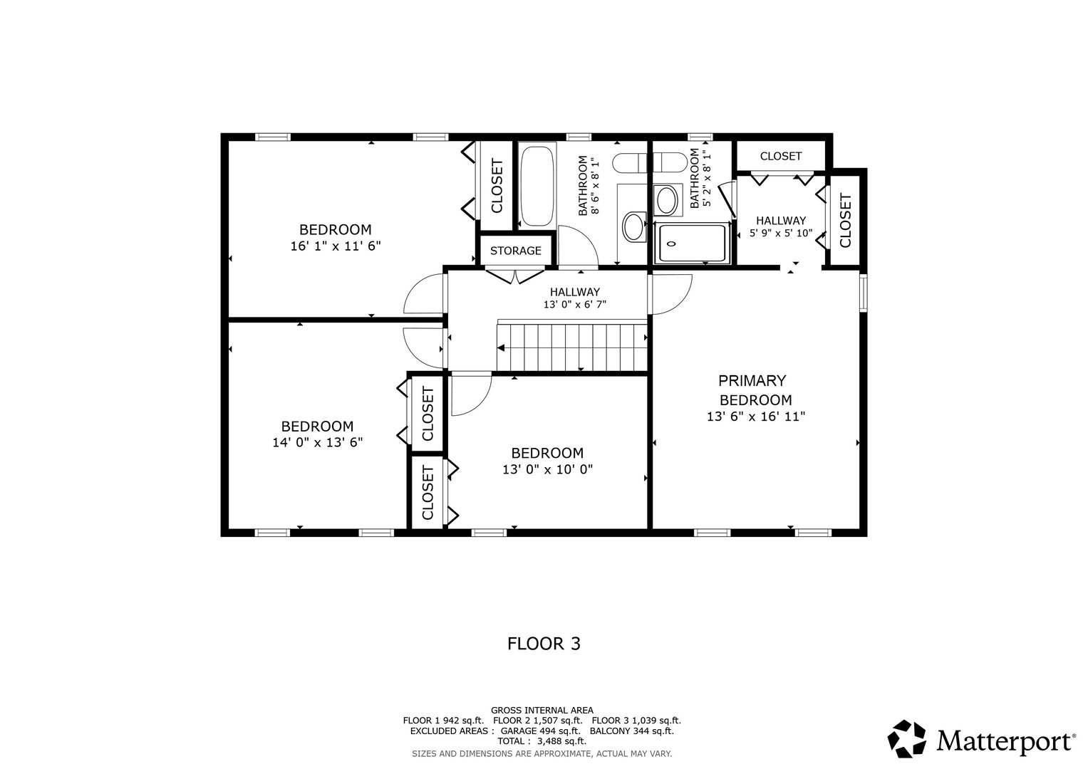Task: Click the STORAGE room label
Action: click(x=515, y=251)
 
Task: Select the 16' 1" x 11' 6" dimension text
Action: click(x=335, y=246)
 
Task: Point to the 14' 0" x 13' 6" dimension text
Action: click(x=317, y=442)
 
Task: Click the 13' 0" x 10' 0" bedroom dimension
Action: click(x=547, y=469)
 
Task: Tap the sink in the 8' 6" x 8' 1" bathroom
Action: click(x=633, y=227)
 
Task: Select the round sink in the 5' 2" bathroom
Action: click(x=668, y=200)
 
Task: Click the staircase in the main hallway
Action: click(x=572, y=346)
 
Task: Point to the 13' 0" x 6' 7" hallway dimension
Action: click(x=574, y=305)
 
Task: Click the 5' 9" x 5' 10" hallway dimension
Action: click(x=781, y=233)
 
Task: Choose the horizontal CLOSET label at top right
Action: click(x=780, y=156)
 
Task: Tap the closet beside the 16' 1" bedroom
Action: click(x=497, y=186)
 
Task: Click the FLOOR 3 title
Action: click(x=544, y=644)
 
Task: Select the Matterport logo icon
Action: click(x=907, y=740)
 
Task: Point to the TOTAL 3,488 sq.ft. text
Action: click(x=542, y=741)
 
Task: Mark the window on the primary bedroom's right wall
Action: click(x=864, y=293)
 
